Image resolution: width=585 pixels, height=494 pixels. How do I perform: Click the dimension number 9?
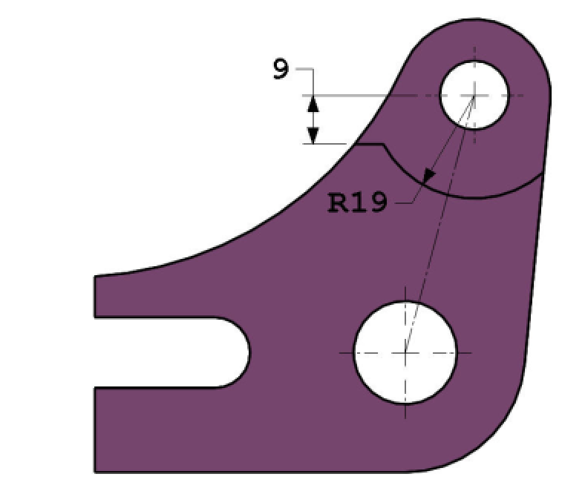click(x=281, y=70)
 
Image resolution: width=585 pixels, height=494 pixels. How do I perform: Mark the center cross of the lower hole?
click(x=405, y=352)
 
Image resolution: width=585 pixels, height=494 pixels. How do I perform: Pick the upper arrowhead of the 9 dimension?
click(x=313, y=103)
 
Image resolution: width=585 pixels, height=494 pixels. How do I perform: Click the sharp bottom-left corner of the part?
click(x=95, y=472)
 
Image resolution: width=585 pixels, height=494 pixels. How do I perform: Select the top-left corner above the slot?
click(x=96, y=277)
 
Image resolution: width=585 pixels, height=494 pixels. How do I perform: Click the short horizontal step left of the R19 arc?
click(x=369, y=144)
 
